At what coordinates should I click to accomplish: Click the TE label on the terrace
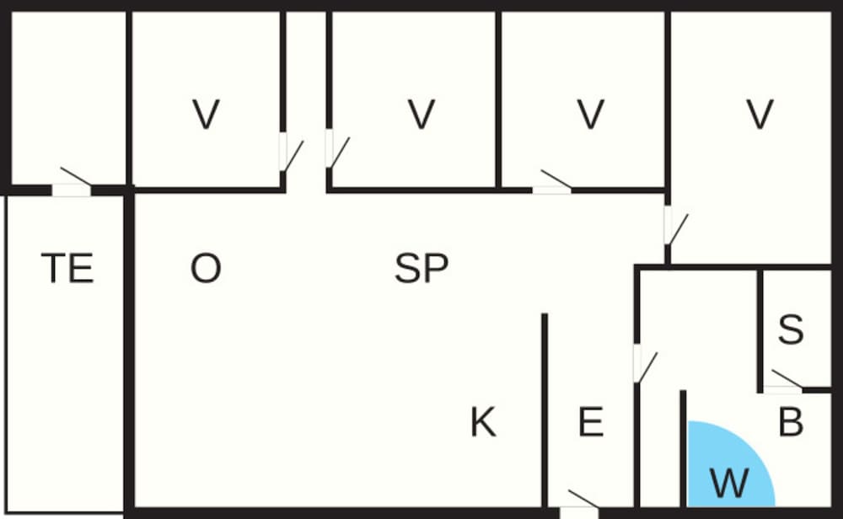coord(67,268)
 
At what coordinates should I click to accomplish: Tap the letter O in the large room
coord(206,269)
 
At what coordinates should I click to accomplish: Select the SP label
coord(421,269)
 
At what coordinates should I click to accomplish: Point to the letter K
coord(483,422)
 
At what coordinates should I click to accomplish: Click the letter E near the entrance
coord(591,422)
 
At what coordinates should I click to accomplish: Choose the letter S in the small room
coord(791,329)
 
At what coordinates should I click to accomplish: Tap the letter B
coord(791,422)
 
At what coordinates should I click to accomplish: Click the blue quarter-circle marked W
coord(731,464)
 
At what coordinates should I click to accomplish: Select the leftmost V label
coord(206,115)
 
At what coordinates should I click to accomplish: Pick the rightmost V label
coord(760,115)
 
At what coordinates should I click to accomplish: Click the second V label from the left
coord(421,115)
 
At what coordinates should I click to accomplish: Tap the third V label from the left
coord(591,115)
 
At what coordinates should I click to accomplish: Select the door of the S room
coord(783,383)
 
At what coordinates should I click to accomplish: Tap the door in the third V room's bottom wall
coord(552,182)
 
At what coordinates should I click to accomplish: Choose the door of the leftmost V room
coord(291,152)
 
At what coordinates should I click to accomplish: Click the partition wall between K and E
coord(545,410)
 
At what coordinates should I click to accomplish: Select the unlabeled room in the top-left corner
coord(68,99)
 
